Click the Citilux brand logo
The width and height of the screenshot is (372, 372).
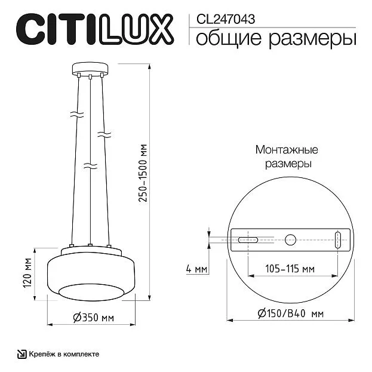[95, 29]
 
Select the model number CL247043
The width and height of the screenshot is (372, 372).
[226, 19]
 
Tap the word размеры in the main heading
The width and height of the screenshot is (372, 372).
[312, 39]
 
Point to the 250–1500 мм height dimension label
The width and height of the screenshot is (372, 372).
[143, 173]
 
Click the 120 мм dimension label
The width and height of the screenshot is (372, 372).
[27, 273]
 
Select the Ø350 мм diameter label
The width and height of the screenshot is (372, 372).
[94, 318]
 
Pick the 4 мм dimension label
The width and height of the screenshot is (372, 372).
[196, 269]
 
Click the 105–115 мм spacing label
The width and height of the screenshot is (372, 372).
[290, 269]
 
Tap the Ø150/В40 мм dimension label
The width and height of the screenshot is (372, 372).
[290, 313]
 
